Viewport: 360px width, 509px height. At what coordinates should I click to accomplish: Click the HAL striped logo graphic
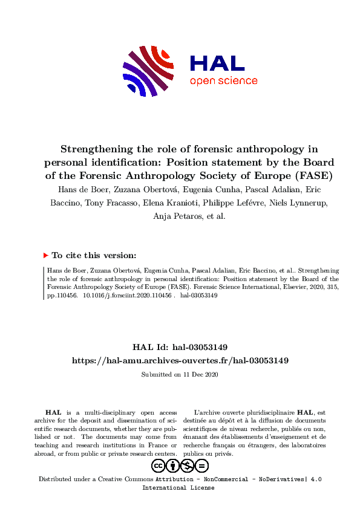point(149,71)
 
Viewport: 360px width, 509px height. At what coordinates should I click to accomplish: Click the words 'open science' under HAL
point(223,81)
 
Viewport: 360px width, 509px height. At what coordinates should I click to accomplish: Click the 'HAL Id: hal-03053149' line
point(180,347)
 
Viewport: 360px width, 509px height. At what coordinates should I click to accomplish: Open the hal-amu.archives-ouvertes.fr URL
point(180,360)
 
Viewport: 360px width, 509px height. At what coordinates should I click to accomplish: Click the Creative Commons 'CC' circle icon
point(159,465)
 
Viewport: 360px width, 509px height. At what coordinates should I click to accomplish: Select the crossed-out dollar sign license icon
point(188,465)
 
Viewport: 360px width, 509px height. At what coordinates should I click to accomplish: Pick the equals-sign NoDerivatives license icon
point(202,465)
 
